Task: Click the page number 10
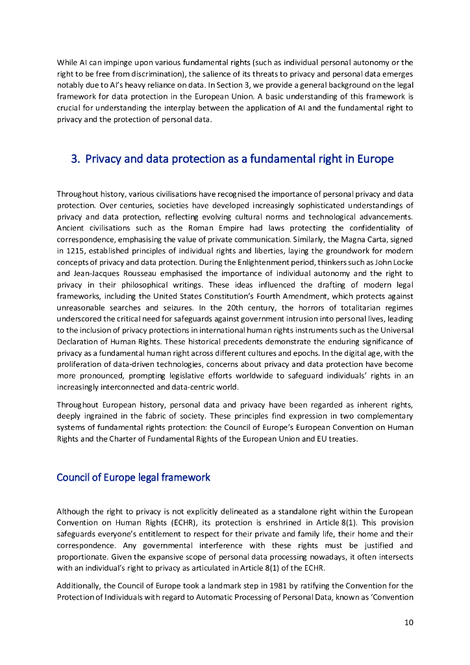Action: click(x=408, y=623)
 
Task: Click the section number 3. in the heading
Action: click(x=75, y=159)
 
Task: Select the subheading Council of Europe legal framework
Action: click(x=133, y=477)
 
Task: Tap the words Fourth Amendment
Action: click(x=313, y=299)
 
